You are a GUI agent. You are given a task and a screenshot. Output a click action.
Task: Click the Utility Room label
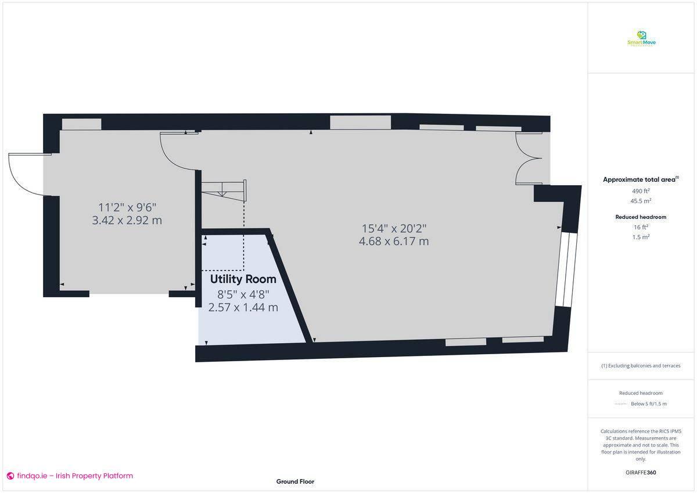(x=243, y=279)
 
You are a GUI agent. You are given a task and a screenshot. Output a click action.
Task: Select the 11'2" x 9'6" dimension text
(x=127, y=207)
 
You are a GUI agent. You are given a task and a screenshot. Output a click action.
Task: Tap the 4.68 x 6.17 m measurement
(x=394, y=241)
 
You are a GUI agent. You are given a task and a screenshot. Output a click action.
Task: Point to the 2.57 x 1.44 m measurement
(x=243, y=307)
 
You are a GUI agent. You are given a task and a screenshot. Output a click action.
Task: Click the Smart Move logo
(x=641, y=39)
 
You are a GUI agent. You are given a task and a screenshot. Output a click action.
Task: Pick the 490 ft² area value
(x=641, y=190)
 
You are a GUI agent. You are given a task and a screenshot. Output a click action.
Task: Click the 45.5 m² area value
(x=641, y=201)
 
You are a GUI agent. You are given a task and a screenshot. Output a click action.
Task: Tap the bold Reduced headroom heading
(x=641, y=217)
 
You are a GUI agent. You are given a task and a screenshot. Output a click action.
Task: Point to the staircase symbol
(x=224, y=190)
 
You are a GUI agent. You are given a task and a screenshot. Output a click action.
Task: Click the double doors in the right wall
(x=529, y=159)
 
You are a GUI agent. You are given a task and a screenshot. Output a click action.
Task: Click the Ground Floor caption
(x=295, y=481)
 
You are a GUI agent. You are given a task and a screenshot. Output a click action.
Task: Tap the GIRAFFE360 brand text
(x=641, y=473)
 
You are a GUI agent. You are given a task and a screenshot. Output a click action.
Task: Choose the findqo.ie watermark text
(x=70, y=476)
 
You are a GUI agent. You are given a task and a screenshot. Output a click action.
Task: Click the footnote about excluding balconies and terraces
(x=641, y=366)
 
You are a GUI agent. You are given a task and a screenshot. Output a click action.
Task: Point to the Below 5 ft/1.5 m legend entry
(x=648, y=404)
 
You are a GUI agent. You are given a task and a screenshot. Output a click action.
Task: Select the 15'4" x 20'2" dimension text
(x=394, y=228)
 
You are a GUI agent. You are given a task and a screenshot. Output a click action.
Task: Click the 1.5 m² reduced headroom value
(x=641, y=237)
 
